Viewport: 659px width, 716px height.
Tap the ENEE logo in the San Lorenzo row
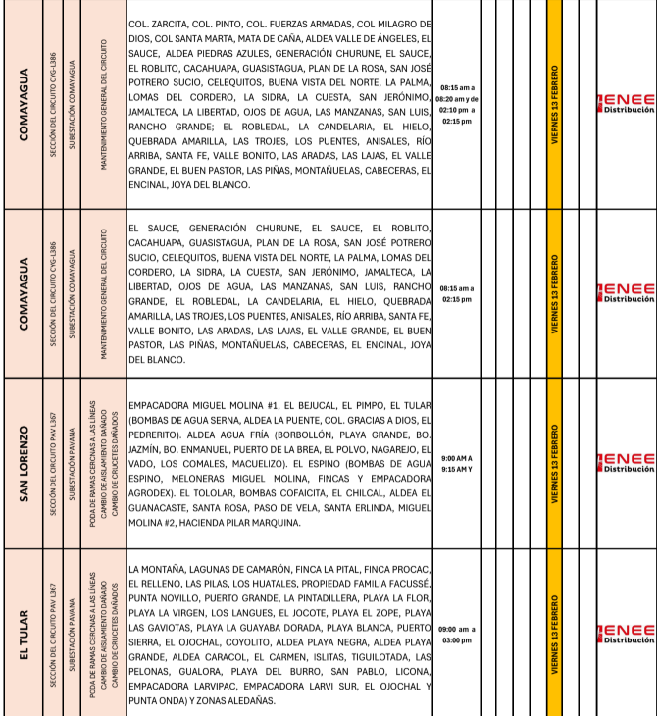pos(627,462)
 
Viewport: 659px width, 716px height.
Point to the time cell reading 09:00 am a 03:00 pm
pos(456,634)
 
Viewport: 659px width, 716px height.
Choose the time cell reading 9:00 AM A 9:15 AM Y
pos(456,463)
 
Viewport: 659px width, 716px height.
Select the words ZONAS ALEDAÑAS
pos(232,700)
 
